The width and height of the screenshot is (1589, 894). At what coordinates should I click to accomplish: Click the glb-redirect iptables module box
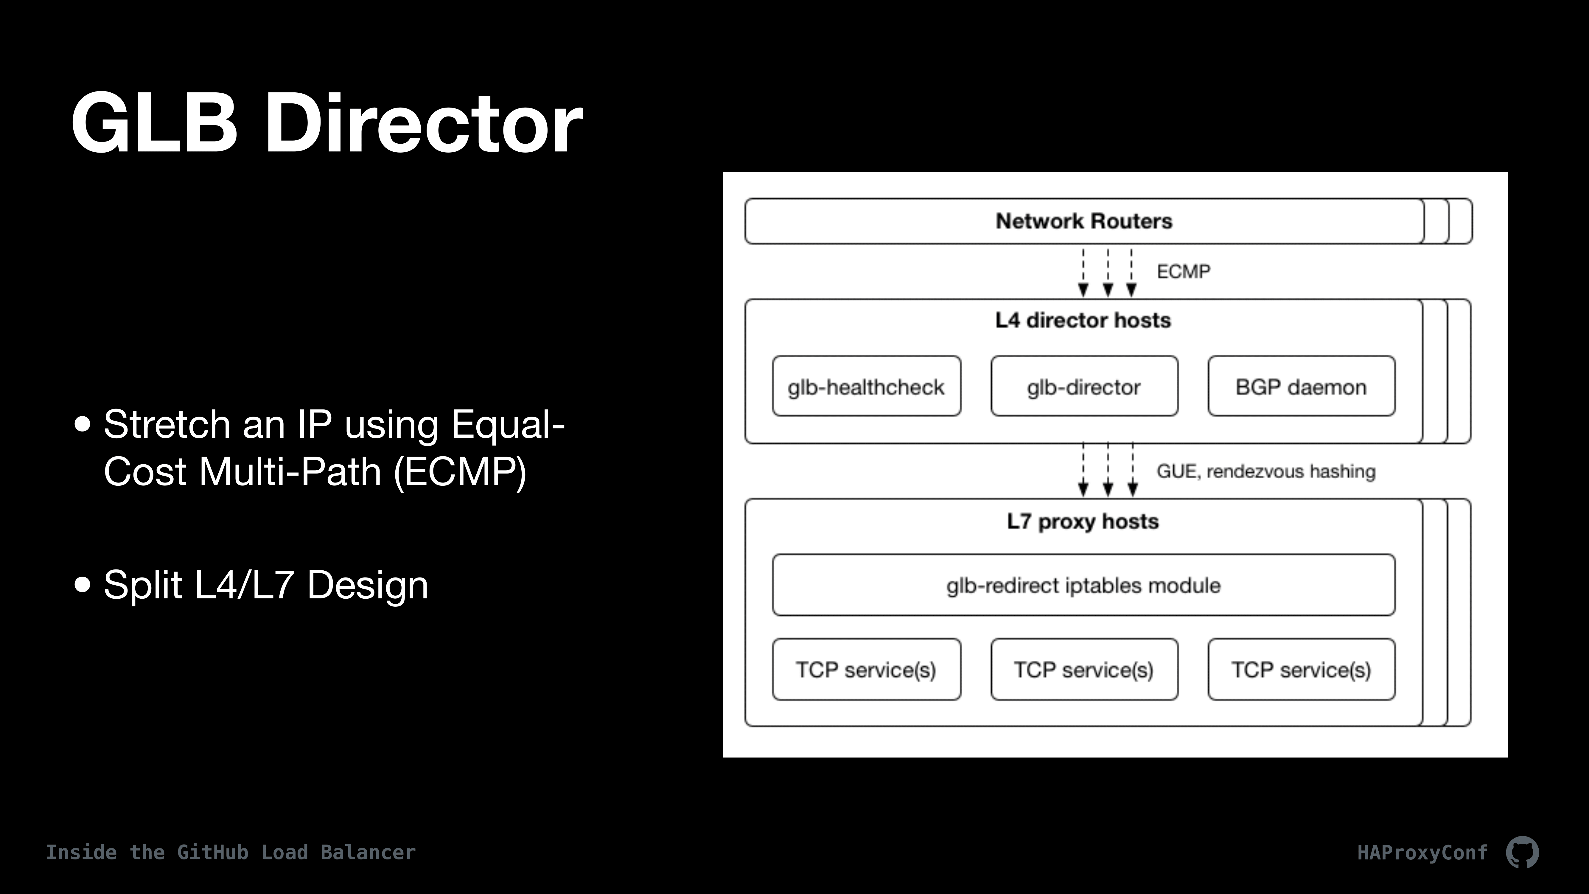(x=1084, y=585)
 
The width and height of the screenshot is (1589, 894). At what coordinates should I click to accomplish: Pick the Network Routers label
(x=1084, y=221)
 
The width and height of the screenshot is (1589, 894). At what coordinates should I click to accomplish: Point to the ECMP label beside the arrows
(x=1183, y=271)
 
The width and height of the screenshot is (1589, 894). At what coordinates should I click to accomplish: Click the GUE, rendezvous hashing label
(x=1266, y=471)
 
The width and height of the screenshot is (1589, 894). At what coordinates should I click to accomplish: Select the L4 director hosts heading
(x=1083, y=320)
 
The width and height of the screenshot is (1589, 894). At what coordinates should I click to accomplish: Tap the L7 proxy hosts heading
(x=1083, y=521)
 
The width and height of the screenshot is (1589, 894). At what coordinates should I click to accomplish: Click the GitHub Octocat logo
(x=1522, y=852)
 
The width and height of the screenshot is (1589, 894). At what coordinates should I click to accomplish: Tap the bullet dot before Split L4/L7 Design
(x=82, y=584)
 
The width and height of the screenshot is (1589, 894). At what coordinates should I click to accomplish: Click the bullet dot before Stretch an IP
(x=82, y=424)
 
